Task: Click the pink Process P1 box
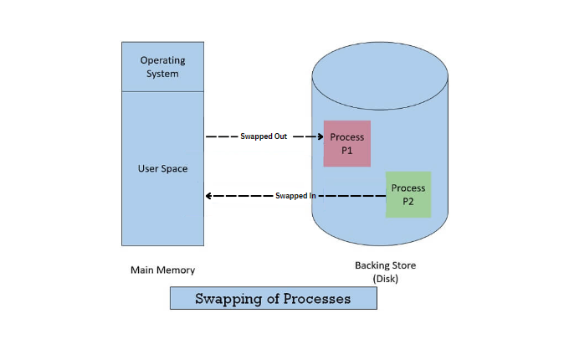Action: click(346, 143)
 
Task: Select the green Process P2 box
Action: click(408, 194)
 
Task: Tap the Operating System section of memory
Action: click(162, 67)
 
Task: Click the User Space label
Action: click(162, 168)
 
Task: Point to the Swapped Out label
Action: click(264, 136)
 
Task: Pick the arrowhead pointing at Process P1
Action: click(320, 136)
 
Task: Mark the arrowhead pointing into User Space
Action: click(209, 196)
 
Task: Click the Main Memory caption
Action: click(162, 270)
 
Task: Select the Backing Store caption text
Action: click(385, 265)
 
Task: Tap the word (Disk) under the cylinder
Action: click(385, 278)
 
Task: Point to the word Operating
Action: click(162, 60)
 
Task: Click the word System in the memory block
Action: click(162, 74)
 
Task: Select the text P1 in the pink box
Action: click(346, 150)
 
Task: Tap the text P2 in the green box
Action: click(408, 201)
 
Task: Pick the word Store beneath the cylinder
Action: click(402, 265)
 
